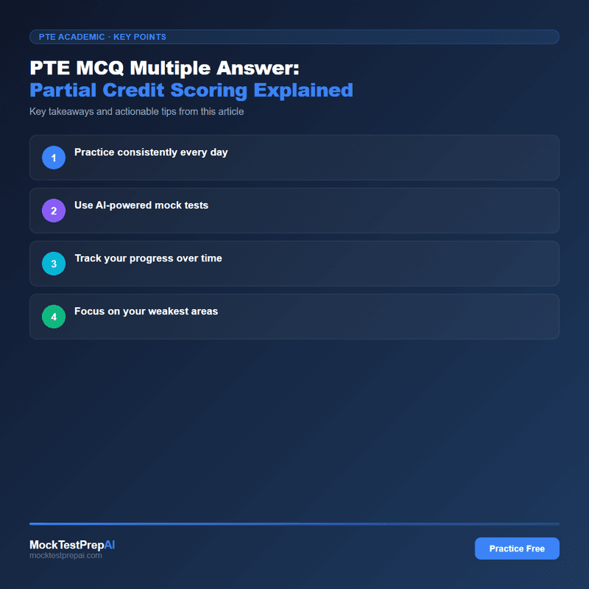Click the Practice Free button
pyautogui.click(x=517, y=549)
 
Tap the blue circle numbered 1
pyautogui.click(x=54, y=158)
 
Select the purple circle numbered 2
pyautogui.click(x=54, y=211)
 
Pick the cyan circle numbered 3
pyautogui.click(x=54, y=264)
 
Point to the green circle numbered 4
pyautogui.click(x=54, y=317)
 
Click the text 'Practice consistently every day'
pyautogui.click(x=151, y=152)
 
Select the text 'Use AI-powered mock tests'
pyautogui.click(x=141, y=205)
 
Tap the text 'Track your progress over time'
pyautogui.click(x=148, y=258)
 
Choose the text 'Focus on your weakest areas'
pyautogui.click(x=146, y=311)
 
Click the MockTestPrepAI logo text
pyautogui.click(x=72, y=545)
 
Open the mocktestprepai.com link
pyautogui.click(x=66, y=556)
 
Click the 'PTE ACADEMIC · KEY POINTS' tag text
pyautogui.click(x=102, y=37)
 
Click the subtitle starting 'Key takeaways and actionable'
pyautogui.click(x=136, y=112)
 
